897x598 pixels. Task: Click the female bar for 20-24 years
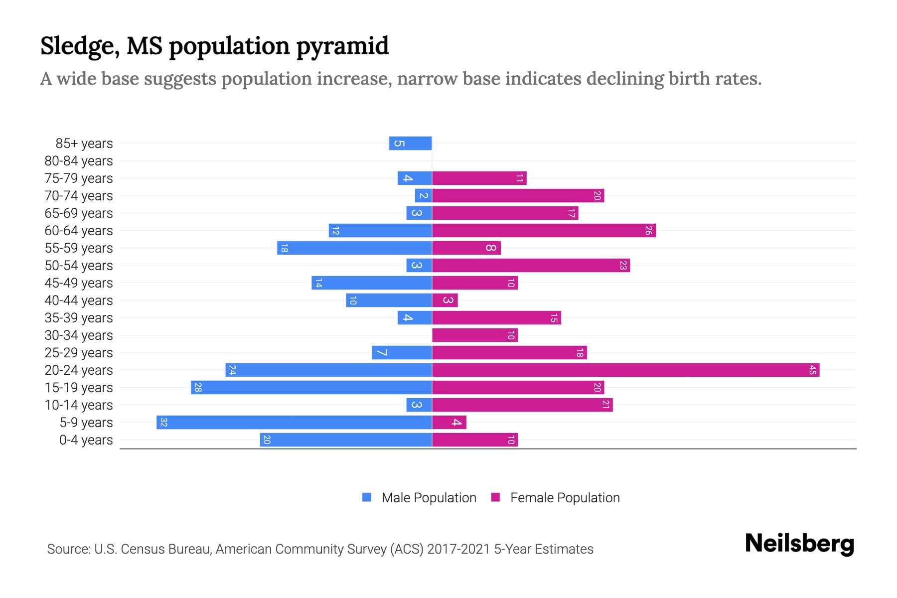(x=625, y=370)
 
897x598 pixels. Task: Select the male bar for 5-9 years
(x=294, y=422)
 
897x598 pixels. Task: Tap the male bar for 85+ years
(x=410, y=143)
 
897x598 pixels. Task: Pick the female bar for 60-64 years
(x=543, y=230)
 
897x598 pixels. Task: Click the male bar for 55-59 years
(x=354, y=248)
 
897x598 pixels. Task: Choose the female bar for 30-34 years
(x=474, y=335)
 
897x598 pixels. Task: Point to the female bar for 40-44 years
(x=445, y=300)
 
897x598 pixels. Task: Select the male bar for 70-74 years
(x=423, y=195)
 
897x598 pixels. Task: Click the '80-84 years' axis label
(x=79, y=161)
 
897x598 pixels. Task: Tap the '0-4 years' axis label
(x=86, y=440)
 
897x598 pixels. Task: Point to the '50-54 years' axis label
(x=79, y=266)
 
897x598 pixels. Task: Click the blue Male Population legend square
(x=367, y=497)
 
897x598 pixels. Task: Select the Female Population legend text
(x=565, y=497)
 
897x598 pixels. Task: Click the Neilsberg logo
(x=799, y=544)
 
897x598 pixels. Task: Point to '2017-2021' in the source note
(x=458, y=549)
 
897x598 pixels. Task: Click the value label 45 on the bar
(x=812, y=370)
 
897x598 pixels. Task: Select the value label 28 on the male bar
(x=198, y=387)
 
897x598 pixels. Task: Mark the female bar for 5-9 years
(x=449, y=422)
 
